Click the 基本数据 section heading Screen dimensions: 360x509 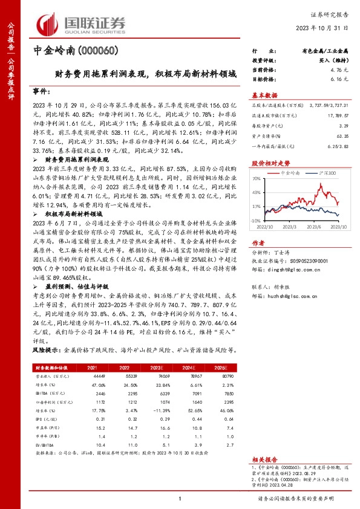pos(264,95)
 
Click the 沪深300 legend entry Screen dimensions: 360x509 pos(327,172)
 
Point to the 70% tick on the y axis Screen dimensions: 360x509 pos(257,178)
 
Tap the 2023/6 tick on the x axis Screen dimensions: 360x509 pos(313,227)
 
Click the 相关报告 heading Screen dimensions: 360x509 pos(263,459)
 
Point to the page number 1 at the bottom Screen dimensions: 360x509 pos(180,498)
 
